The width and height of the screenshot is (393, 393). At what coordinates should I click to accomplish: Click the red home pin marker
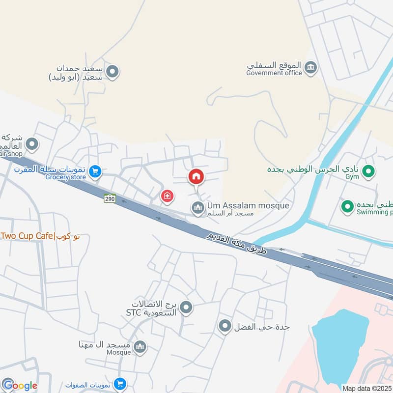click(x=196, y=176)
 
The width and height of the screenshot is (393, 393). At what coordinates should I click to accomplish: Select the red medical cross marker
click(x=168, y=196)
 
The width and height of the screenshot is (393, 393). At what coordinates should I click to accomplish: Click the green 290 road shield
click(x=109, y=198)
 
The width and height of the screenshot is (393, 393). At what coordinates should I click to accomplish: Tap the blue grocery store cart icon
click(x=96, y=171)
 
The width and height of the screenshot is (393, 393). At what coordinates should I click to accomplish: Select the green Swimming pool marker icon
click(x=348, y=207)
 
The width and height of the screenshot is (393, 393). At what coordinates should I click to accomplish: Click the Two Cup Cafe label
click(x=39, y=236)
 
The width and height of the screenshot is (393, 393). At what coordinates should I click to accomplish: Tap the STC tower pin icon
click(x=186, y=309)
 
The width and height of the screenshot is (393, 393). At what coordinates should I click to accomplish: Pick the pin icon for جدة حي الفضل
click(x=225, y=326)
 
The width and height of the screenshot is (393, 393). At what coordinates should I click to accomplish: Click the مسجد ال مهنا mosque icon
click(x=140, y=347)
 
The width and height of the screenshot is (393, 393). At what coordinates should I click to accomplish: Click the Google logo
click(x=20, y=386)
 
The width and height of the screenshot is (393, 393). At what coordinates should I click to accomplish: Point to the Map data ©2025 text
click(x=367, y=388)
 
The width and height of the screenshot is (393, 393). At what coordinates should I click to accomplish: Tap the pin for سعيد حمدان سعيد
click(x=113, y=73)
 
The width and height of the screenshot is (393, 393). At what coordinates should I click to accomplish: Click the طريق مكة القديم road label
click(x=236, y=244)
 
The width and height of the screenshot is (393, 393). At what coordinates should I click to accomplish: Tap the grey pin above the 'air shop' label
click(x=32, y=144)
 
